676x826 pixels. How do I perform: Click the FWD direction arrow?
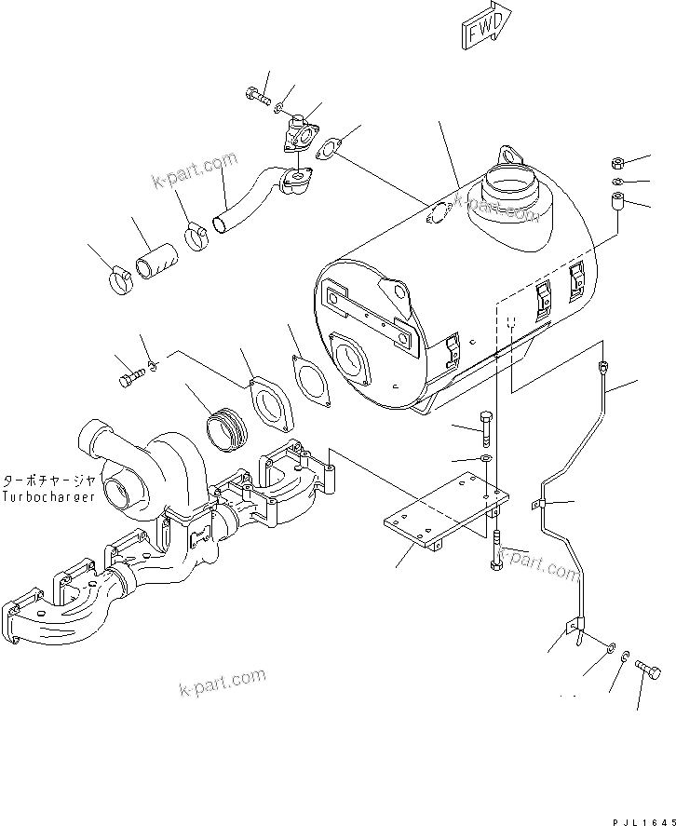(x=487, y=26)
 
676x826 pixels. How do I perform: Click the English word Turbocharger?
(x=48, y=496)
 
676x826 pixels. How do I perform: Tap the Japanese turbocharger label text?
(x=48, y=481)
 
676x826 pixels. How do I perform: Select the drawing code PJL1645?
(x=643, y=821)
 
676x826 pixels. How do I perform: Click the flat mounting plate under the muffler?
(x=446, y=511)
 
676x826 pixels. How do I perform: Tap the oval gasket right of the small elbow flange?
(x=328, y=148)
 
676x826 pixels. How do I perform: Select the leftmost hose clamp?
(x=122, y=281)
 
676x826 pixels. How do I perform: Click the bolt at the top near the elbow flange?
(x=258, y=96)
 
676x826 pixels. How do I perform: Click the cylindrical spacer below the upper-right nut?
(x=616, y=202)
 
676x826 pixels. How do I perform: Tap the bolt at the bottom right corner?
(x=648, y=670)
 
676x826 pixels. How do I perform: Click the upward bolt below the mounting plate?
(x=496, y=551)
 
